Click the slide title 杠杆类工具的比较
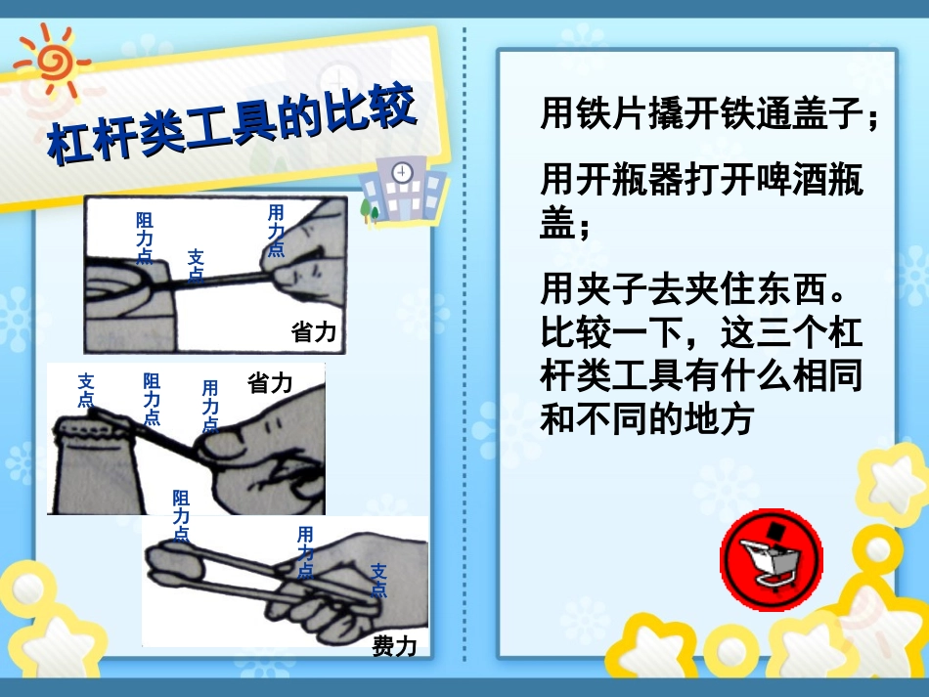tap(233, 124)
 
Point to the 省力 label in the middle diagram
tap(270, 382)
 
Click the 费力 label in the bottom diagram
tap(394, 646)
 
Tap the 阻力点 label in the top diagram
tap(144, 239)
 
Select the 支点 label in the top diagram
tap(196, 265)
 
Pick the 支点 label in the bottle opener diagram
tap(86, 390)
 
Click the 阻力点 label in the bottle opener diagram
tap(152, 398)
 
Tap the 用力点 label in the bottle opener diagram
tap(210, 405)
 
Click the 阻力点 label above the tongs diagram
tap(181, 515)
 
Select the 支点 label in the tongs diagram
tap(379, 581)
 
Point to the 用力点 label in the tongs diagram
tap(305, 552)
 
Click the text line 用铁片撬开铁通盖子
tap(709, 115)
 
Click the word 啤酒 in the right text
tap(768, 182)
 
